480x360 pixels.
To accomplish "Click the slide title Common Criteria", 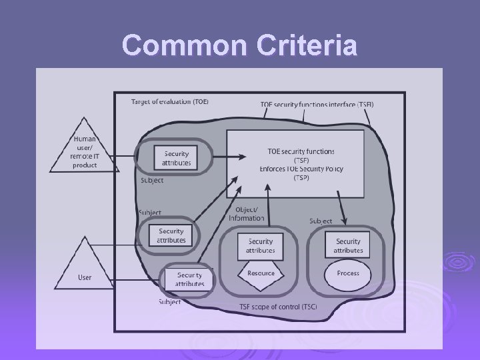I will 240,45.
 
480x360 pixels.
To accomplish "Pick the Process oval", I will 348,273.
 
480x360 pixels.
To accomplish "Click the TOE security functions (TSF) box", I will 296,163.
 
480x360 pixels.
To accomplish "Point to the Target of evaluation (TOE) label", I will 170,102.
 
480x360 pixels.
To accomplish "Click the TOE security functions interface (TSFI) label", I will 317,105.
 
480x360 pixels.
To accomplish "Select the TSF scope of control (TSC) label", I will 278,306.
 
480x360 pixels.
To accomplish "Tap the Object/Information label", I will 246,215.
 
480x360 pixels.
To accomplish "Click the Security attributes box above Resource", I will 260,245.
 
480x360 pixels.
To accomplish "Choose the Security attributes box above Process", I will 348,245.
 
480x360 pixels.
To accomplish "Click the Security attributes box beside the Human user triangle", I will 176,157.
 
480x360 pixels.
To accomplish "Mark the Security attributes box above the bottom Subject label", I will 190,279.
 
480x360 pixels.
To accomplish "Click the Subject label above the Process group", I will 321,221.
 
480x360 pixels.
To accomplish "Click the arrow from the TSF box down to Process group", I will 341,208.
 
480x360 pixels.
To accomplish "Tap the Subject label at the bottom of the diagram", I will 170,302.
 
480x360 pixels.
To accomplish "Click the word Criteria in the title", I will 294,45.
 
